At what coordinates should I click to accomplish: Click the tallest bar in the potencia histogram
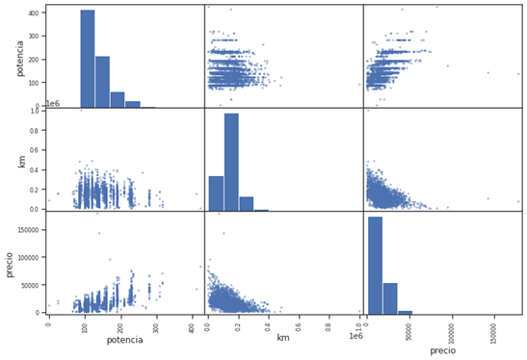click(88, 58)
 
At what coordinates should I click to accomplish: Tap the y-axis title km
click(21, 159)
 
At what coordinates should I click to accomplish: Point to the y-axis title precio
click(11, 262)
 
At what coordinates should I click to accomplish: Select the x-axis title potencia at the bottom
click(124, 339)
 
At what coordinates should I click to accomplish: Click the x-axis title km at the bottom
click(283, 338)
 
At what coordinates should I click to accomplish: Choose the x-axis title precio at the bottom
click(442, 350)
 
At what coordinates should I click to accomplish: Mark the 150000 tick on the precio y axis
click(27, 230)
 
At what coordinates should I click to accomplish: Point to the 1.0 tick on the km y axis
click(36, 111)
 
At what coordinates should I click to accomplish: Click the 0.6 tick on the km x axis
click(299, 323)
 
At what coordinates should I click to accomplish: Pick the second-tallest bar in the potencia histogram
click(102, 82)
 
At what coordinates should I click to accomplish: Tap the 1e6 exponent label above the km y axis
click(54, 103)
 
